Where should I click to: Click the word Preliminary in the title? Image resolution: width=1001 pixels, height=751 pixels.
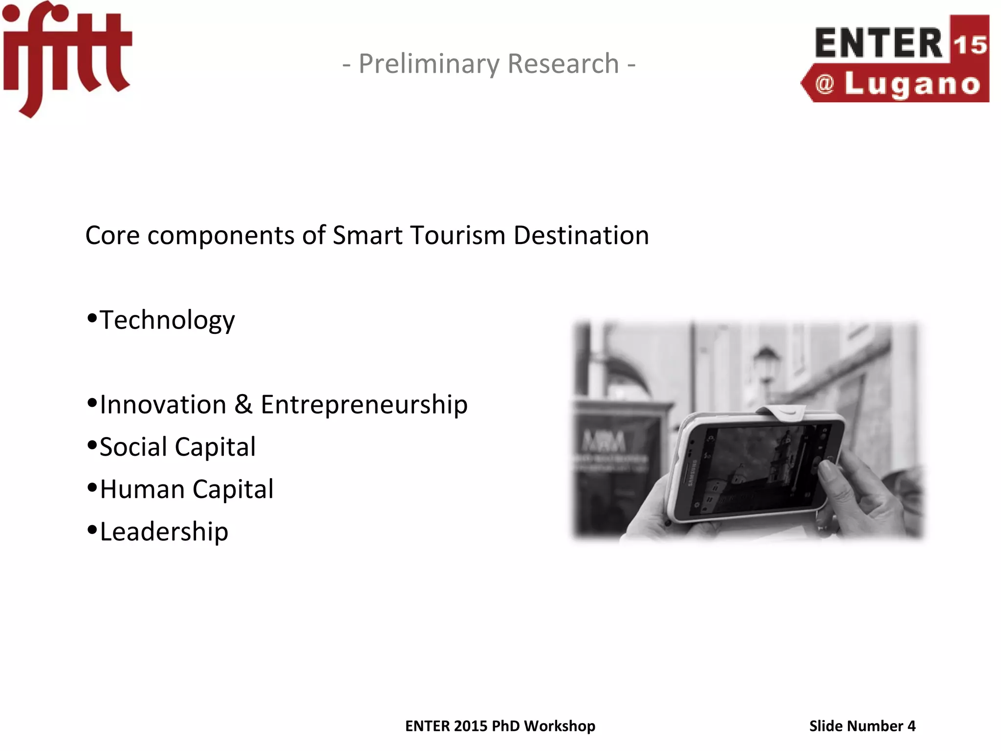[x=429, y=64]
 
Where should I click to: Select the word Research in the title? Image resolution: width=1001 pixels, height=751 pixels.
[x=563, y=64]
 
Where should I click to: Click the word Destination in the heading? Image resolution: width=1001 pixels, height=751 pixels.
[x=581, y=236]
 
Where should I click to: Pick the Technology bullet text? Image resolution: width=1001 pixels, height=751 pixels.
[x=167, y=321]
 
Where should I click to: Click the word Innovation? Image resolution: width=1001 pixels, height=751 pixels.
[x=163, y=405]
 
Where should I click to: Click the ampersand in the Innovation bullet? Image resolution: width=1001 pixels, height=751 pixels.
[x=243, y=405]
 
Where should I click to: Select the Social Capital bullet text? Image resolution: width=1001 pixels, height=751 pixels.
[x=177, y=447]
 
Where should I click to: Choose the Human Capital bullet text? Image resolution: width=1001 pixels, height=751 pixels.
[x=186, y=489]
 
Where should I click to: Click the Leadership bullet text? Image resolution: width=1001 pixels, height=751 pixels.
[x=164, y=532]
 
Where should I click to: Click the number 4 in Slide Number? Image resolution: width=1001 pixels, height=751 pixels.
[x=911, y=726]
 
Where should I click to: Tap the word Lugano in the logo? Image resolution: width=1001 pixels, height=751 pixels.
[x=912, y=85]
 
